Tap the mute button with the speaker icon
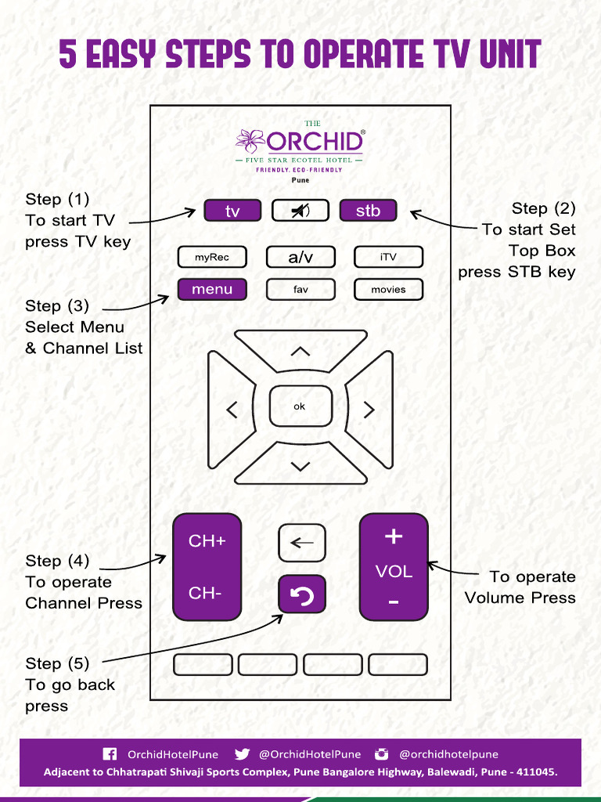click(x=300, y=211)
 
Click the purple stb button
click(x=368, y=211)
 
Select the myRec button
click(x=212, y=257)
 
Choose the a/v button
click(x=300, y=257)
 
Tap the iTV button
click(x=388, y=257)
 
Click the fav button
click(x=300, y=289)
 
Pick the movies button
click(x=388, y=289)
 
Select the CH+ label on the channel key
click(x=207, y=541)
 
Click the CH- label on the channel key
click(x=205, y=594)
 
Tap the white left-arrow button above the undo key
click(x=302, y=543)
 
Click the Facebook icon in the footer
click(x=110, y=754)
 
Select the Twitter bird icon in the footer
click(x=242, y=754)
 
